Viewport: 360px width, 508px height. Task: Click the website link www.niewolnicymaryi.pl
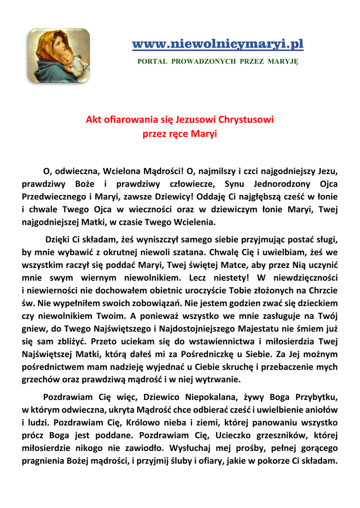[x=217, y=45]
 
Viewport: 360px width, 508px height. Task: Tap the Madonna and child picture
[x=59, y=56]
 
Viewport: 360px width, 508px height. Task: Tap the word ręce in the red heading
[x=178, y=134]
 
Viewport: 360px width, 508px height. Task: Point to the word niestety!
[x=226, y=276]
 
